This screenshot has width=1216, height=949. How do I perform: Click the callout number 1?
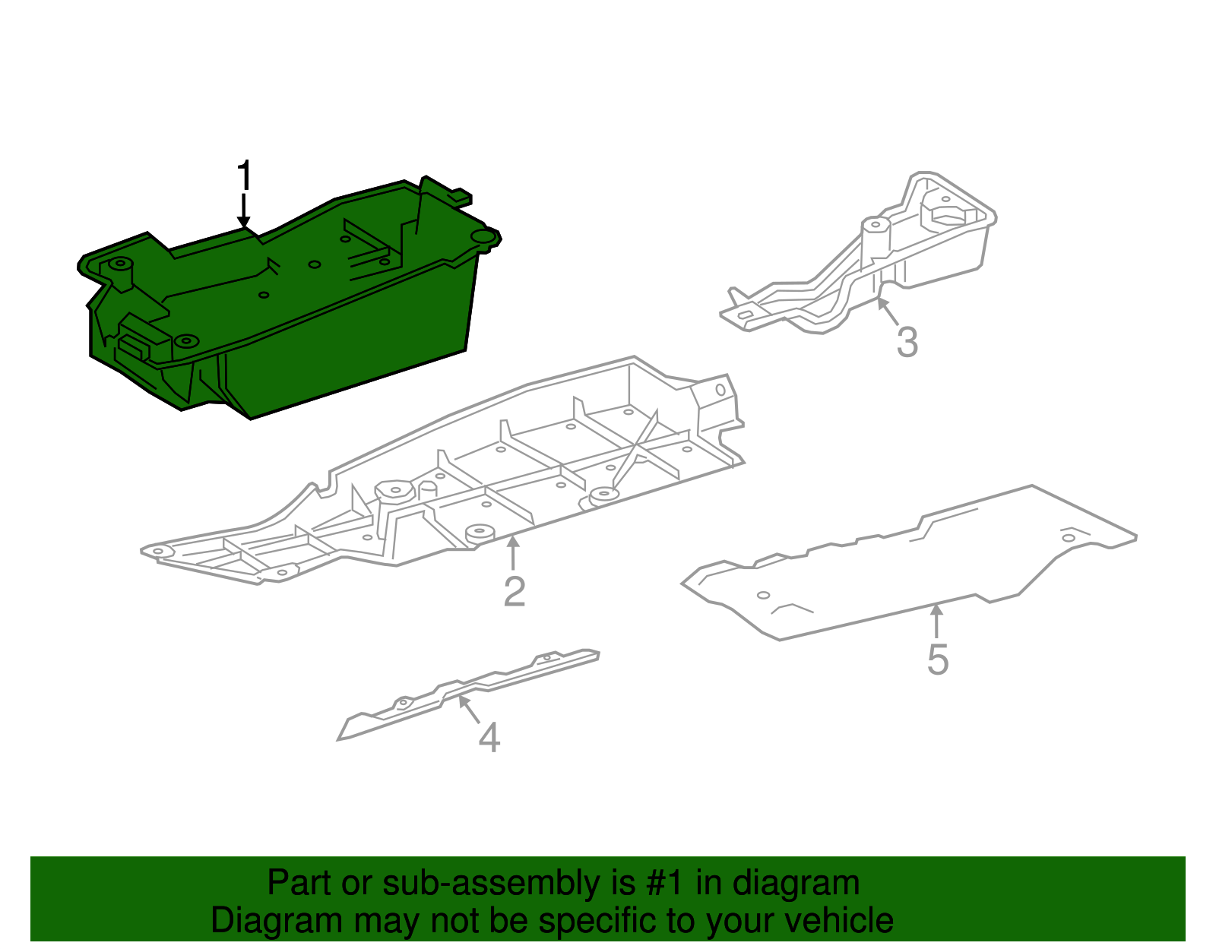tap(244, 176)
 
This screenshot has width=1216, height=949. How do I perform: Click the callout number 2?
tap(515, 591)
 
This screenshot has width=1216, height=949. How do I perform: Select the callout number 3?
tap(907, 343)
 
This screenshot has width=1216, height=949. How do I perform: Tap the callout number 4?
tap(489, 738)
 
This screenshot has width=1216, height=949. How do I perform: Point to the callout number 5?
tap(938, 660)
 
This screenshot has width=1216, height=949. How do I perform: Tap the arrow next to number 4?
tap(468, 709)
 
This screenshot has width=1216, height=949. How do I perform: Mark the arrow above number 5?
tap(937, 620)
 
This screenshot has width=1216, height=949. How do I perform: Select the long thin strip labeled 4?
tap(471, 691)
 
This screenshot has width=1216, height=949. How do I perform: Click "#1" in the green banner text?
tap(667, 884)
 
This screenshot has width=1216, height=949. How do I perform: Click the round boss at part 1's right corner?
tap(482, 237)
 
